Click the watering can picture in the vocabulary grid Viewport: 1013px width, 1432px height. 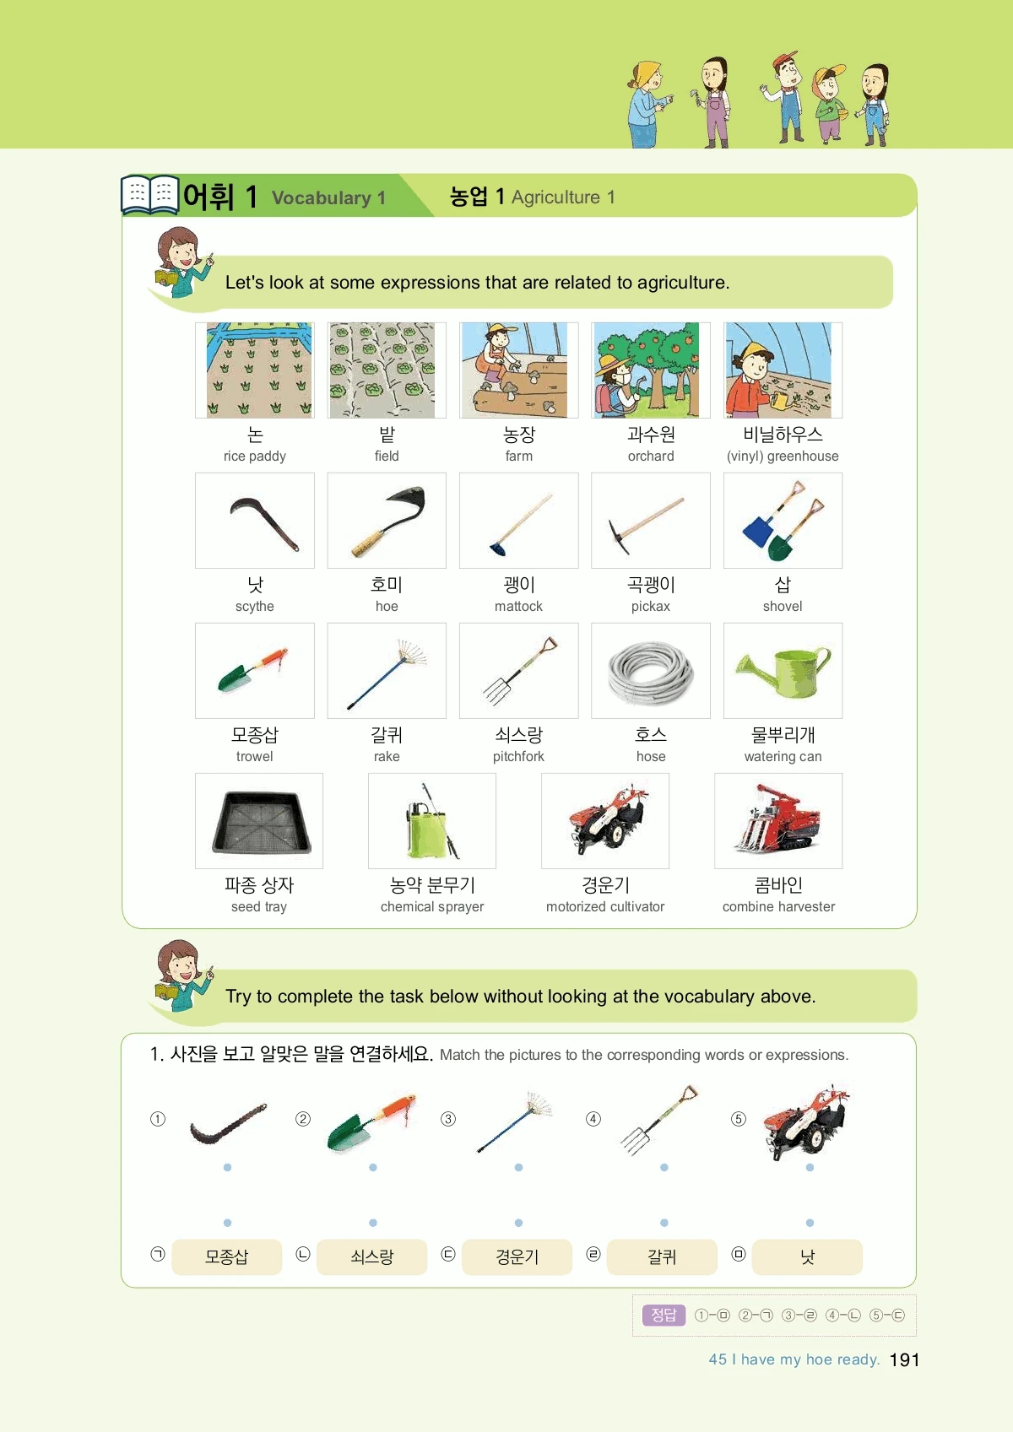click(783, 671)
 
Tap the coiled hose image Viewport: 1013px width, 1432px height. click(650, 672)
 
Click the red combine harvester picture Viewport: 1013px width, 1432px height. click(777, 819)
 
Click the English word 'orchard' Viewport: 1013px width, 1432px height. click(650, 456)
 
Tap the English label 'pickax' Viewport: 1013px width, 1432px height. click(650, 606)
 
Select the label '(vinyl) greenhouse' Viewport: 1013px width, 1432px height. click(783, 456)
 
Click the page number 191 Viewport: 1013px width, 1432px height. click(904, 1359)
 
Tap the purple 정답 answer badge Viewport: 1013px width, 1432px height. click(664, 1315)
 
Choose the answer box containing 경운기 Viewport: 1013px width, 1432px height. click(517, 1256)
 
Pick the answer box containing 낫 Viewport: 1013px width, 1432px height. click(807, 1256)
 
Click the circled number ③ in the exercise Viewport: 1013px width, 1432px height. click(448, 1119)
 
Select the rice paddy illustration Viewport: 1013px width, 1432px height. click(260, 370)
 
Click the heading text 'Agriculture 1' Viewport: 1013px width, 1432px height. click(563, 197)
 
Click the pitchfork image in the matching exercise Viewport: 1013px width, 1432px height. click(659, 1121)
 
